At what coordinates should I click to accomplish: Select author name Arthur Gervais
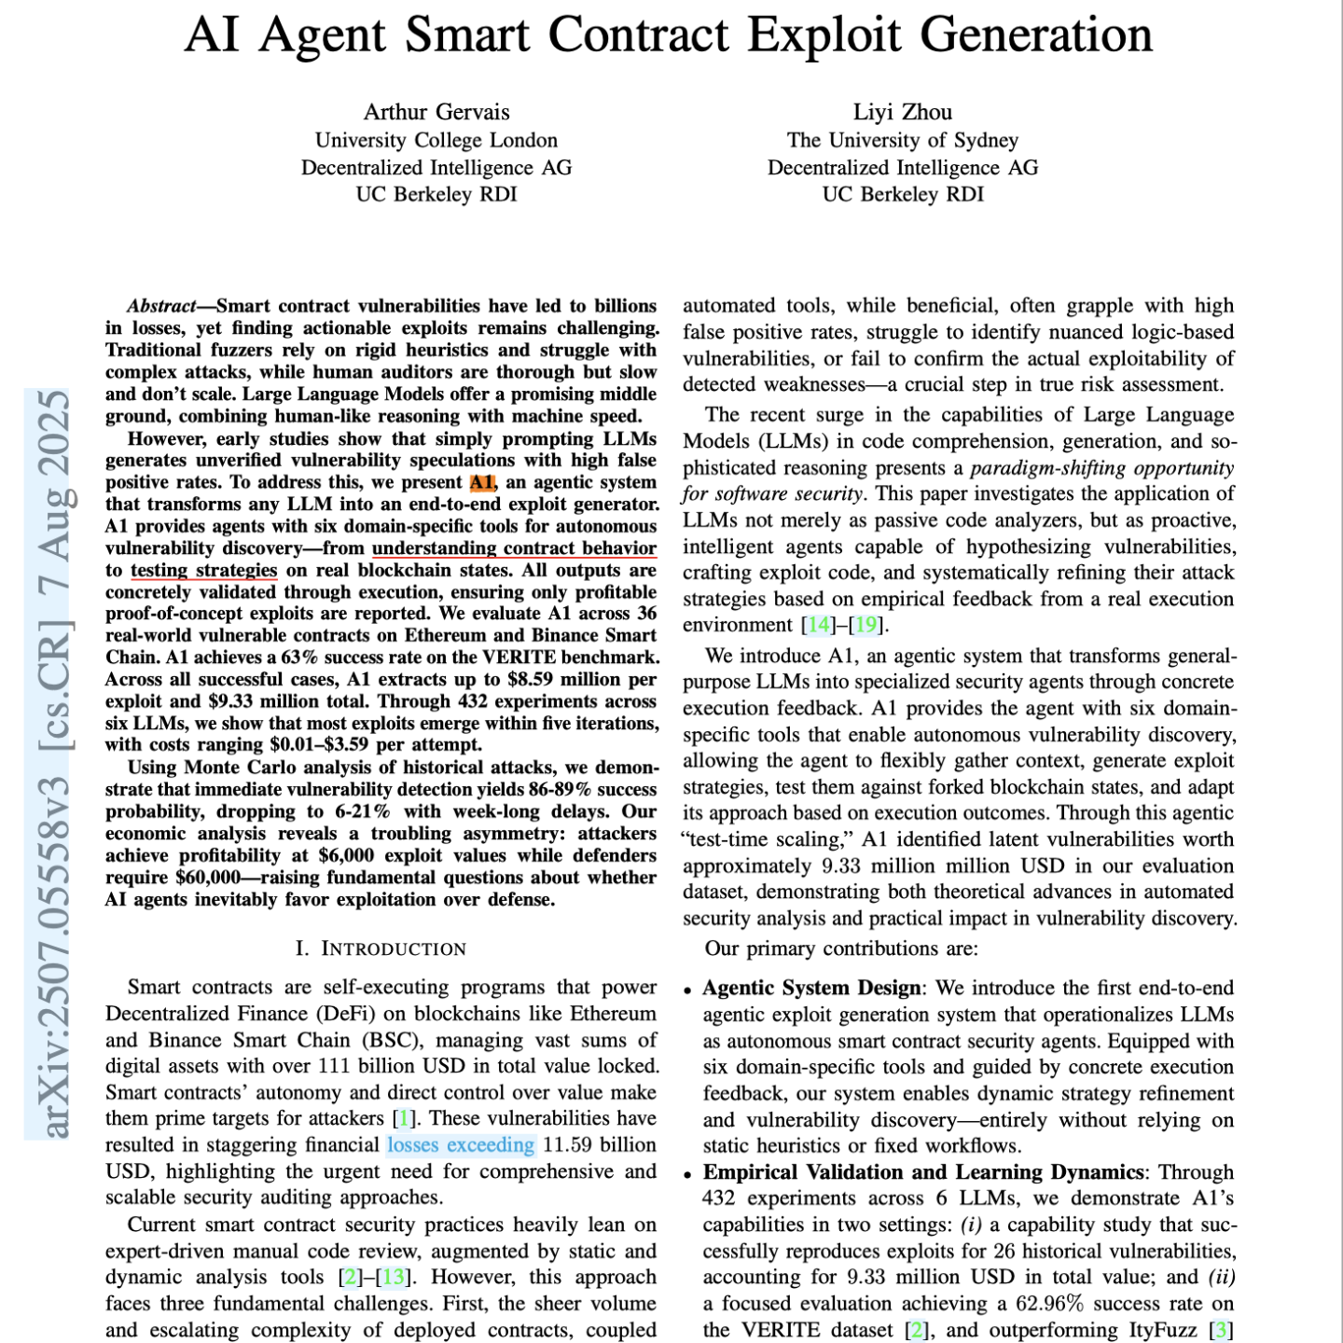436,113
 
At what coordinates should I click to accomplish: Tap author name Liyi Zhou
902,113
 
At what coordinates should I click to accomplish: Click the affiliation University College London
436,141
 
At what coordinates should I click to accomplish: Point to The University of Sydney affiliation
902,141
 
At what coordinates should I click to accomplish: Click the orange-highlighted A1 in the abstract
482,482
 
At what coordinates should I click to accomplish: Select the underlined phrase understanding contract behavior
514,548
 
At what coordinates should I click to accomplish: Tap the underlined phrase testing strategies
204,570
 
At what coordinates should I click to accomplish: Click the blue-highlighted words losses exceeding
461,1144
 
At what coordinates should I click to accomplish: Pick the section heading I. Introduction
381,948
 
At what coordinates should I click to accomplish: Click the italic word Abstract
162,306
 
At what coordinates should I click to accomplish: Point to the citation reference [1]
404,1118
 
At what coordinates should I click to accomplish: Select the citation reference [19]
865,625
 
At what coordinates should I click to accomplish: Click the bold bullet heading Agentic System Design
811,988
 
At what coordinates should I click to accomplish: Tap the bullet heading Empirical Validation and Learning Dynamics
923,1172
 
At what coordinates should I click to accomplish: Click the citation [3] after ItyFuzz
1221,1330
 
